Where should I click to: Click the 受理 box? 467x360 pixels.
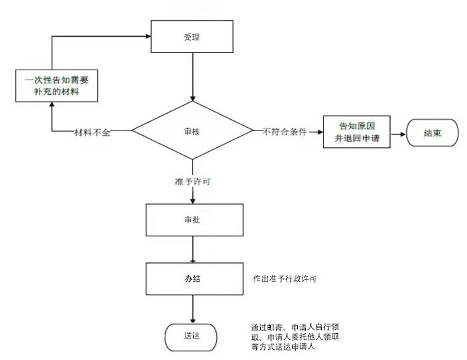tap(193, 37)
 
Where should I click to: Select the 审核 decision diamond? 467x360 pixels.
tap(193, 131)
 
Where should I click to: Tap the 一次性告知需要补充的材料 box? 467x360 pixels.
tap(52, 86)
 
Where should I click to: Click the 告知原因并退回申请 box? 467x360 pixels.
tap(357, 132)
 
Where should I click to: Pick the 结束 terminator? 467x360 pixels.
tap(432, 132)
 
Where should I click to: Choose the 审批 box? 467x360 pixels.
tap(193, 219)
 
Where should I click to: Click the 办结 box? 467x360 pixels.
tap(193, 278)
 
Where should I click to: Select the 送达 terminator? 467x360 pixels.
tap(191, 335)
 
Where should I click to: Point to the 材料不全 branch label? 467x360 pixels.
tap(92, 132)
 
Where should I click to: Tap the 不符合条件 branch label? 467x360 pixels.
tap(285, 132)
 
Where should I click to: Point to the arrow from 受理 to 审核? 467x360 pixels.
tap(193, 77)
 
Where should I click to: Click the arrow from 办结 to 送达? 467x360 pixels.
tap(193, 308)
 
